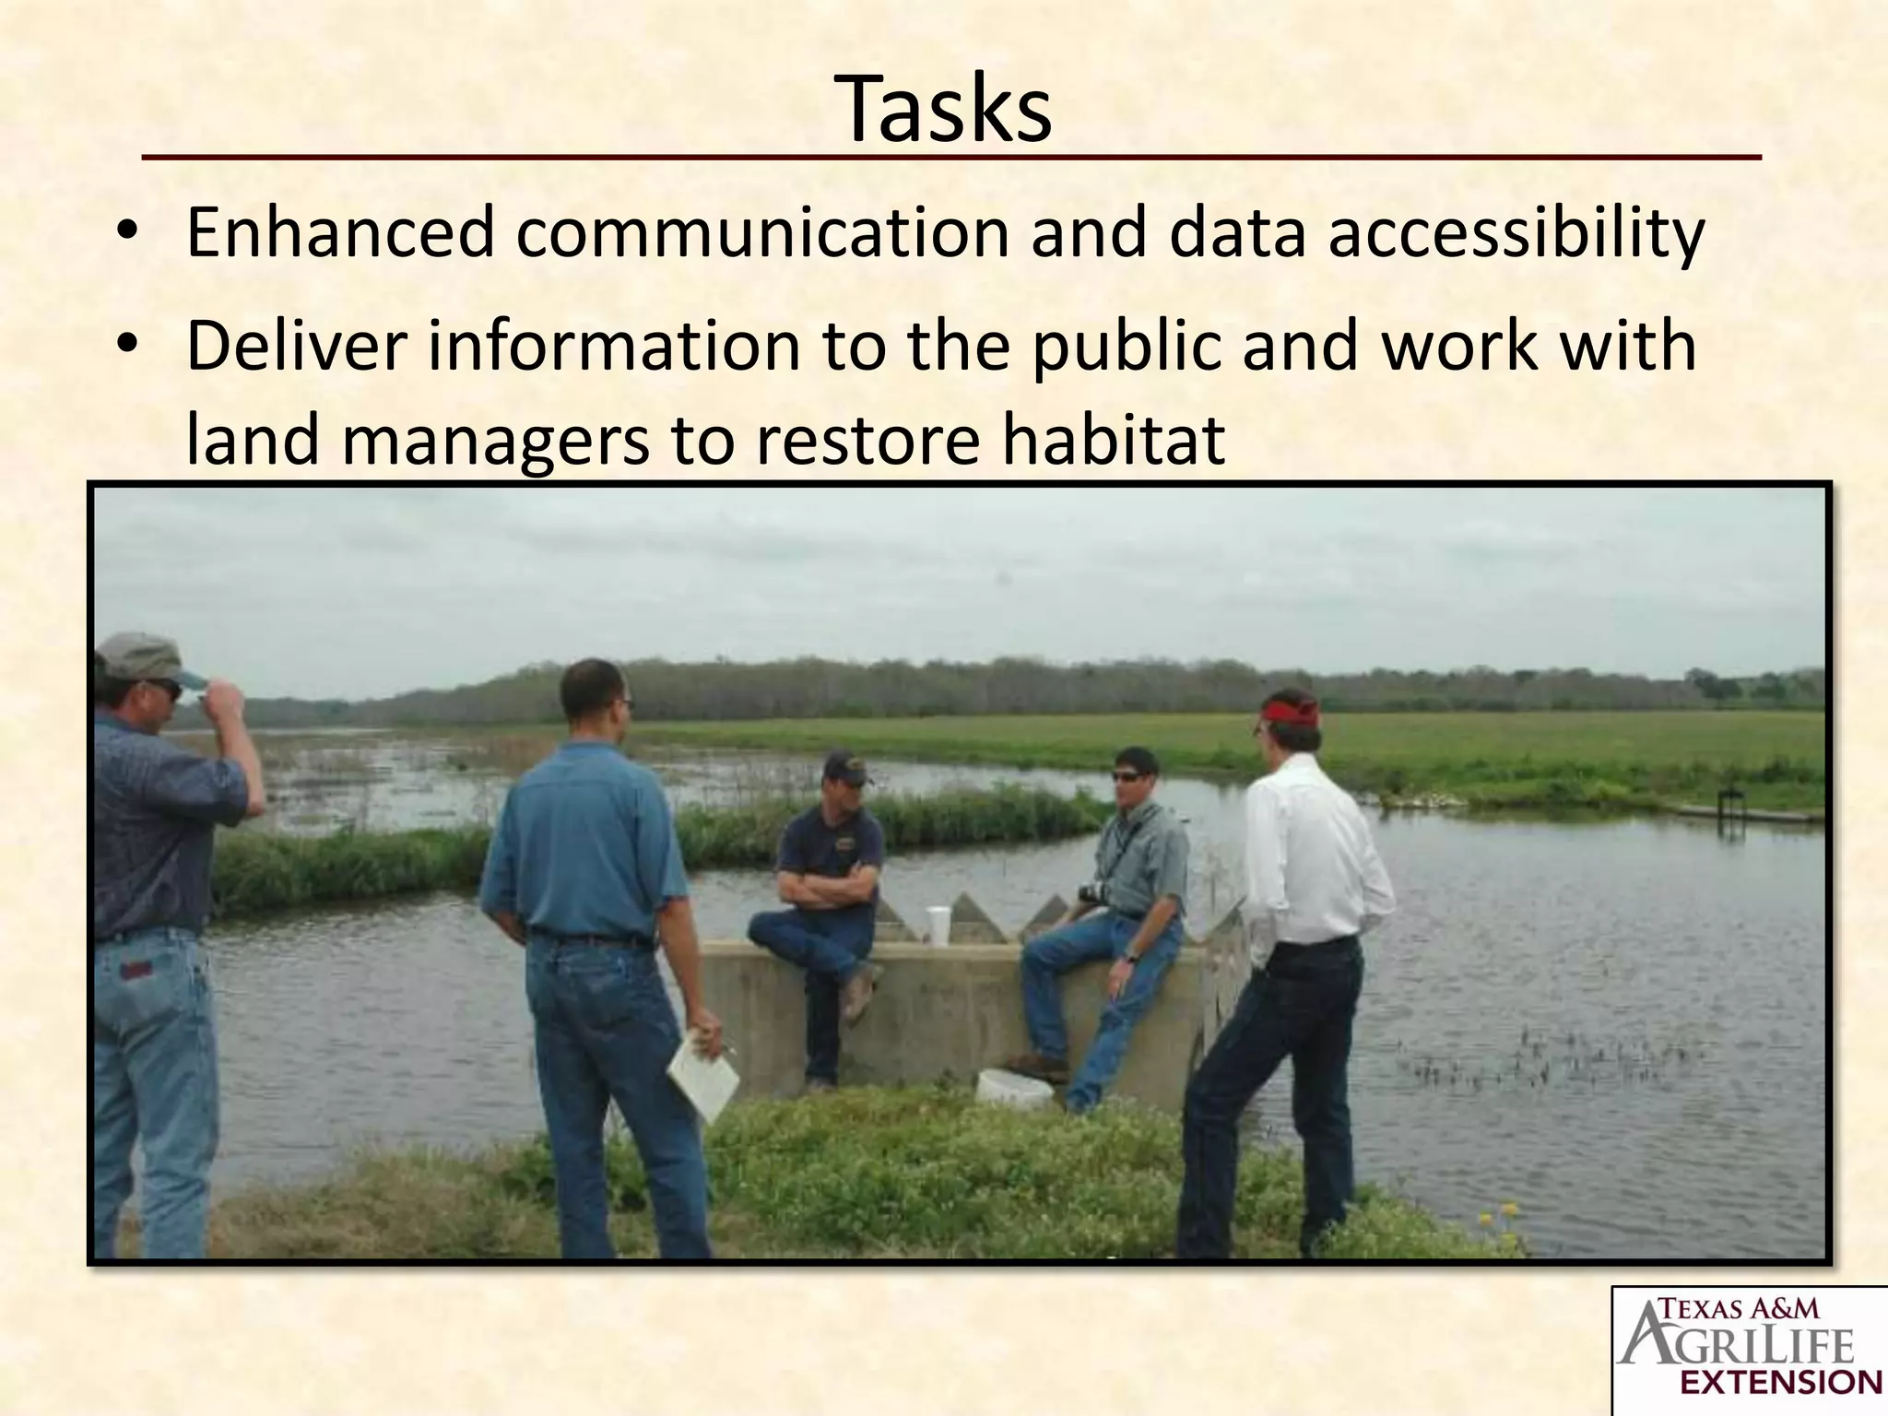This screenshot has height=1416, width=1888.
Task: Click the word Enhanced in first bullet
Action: (x=340, y=233)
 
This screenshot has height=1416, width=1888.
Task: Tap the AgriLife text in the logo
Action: (x=1738, y=1347)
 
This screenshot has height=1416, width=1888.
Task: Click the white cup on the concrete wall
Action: (x=938, y=925)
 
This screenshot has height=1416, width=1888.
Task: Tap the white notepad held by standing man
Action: (x=703, y=1074)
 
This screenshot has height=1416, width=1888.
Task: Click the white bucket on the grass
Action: (x=1013, y=1090)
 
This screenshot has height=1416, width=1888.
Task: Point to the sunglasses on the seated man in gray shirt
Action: (x=1127, y=776)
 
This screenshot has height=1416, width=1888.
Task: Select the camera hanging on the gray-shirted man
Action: (x=1093, y=892)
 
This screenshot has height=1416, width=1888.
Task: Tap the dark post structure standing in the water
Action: (x=1730, y=808)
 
